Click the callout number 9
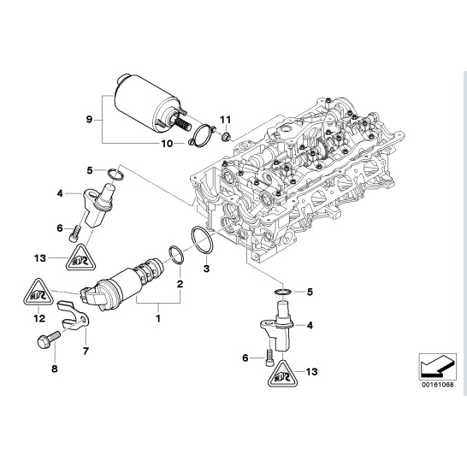tap(89, 120)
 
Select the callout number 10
tap(167, 144)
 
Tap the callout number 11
tap(226, 120)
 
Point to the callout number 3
tap(206, 269)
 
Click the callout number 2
tap(180, 284)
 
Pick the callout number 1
tap(158, 318)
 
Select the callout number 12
tap(39, 318)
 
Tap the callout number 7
tap(86, 352)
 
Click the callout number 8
tap(54, 369)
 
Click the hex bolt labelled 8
tap(48, 340)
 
